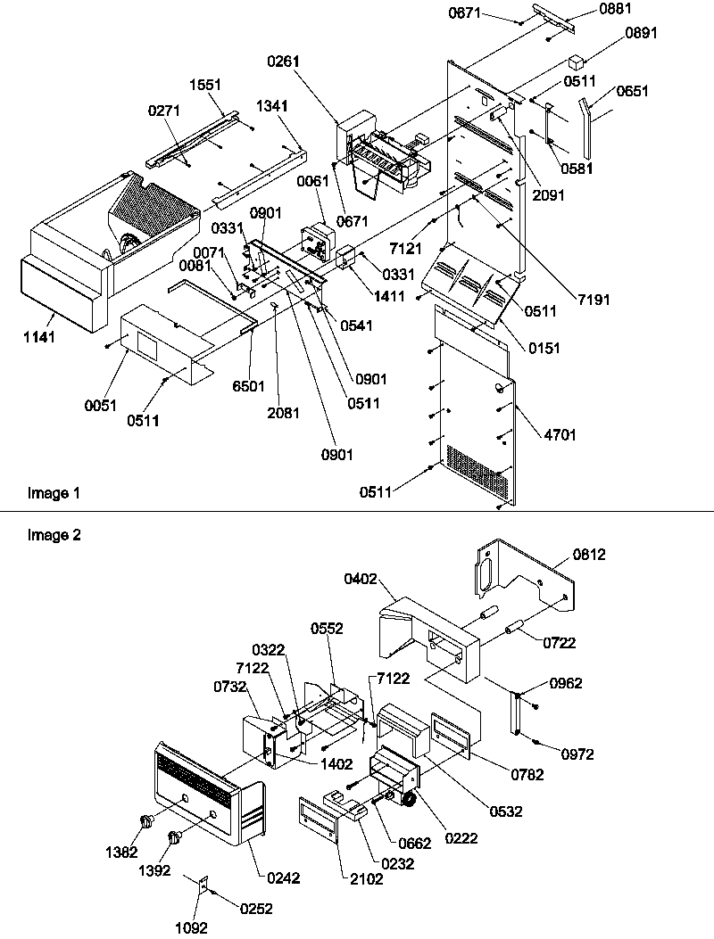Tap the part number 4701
click(561, 435)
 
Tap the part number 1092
click(192, 927)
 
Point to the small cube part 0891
click(577, 63)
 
